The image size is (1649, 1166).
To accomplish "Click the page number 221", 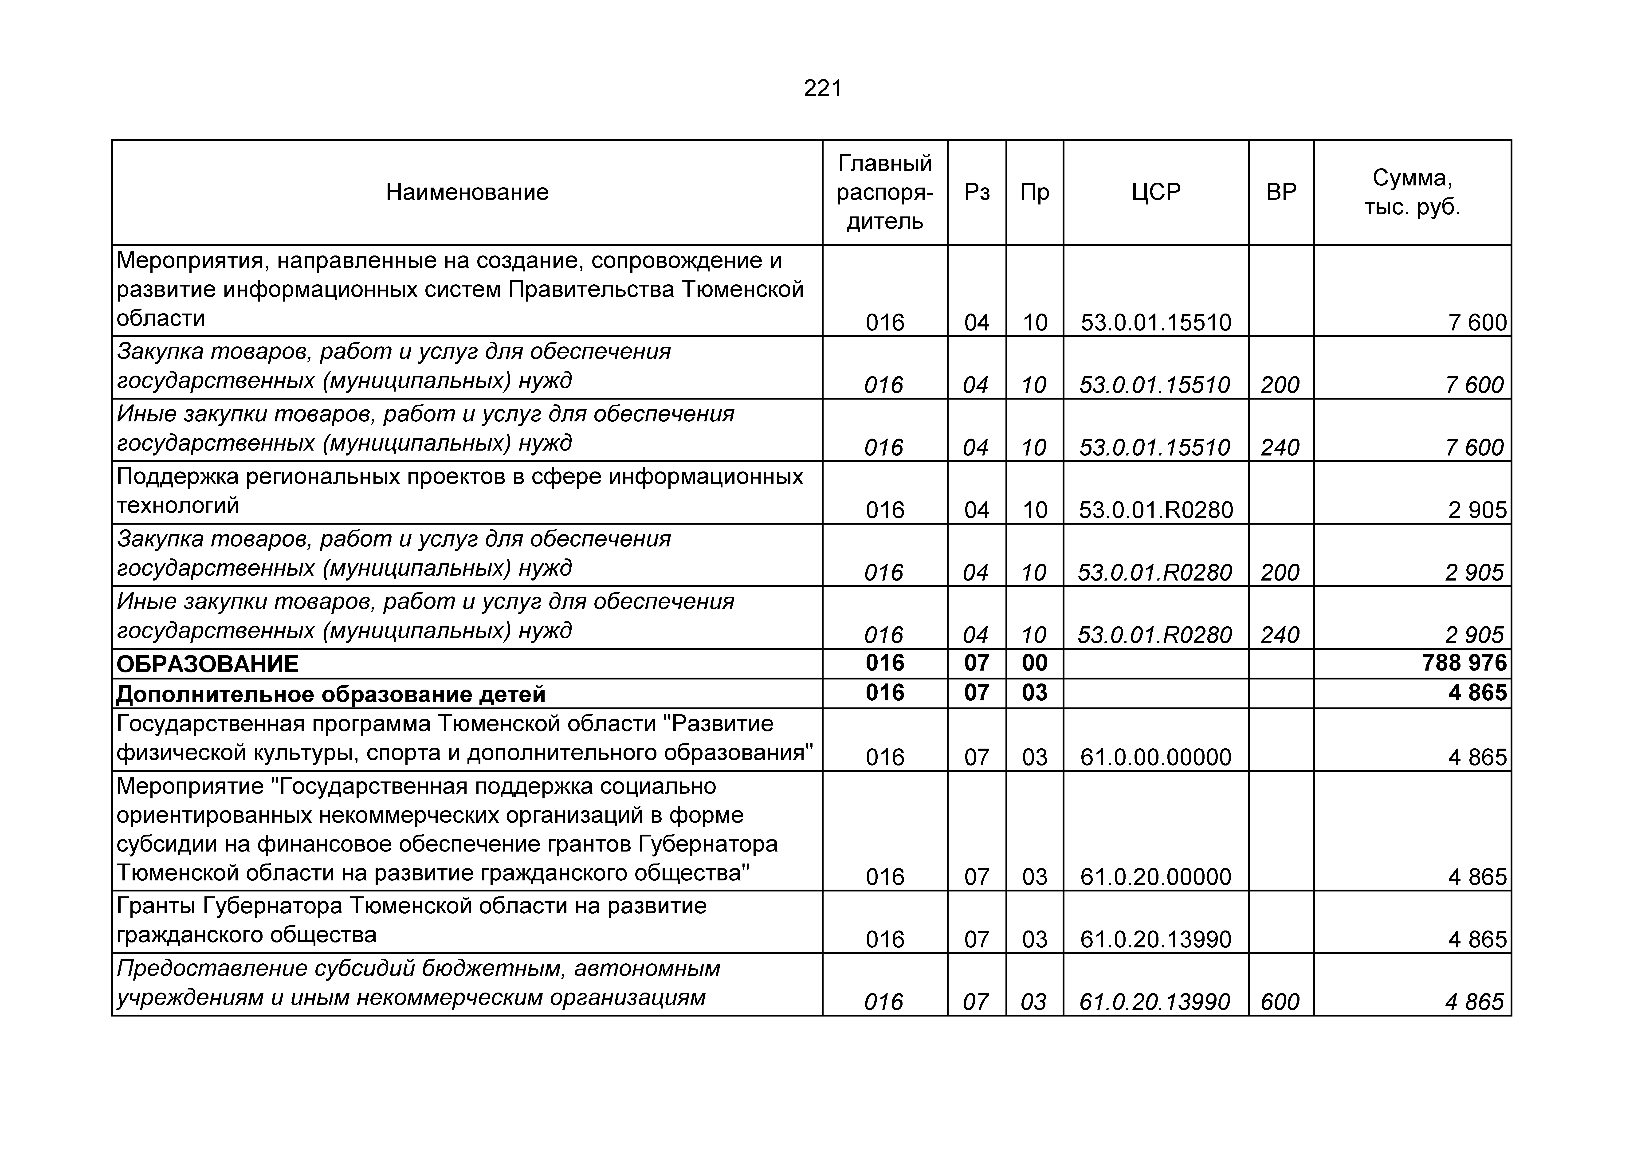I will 823,88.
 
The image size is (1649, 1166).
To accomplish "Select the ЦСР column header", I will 1156,192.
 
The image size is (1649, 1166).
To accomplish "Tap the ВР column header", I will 1281,192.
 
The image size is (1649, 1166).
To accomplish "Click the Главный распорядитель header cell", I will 885,192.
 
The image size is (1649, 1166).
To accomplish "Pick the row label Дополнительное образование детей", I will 330,694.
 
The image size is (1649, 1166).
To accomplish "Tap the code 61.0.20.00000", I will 1156,876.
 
